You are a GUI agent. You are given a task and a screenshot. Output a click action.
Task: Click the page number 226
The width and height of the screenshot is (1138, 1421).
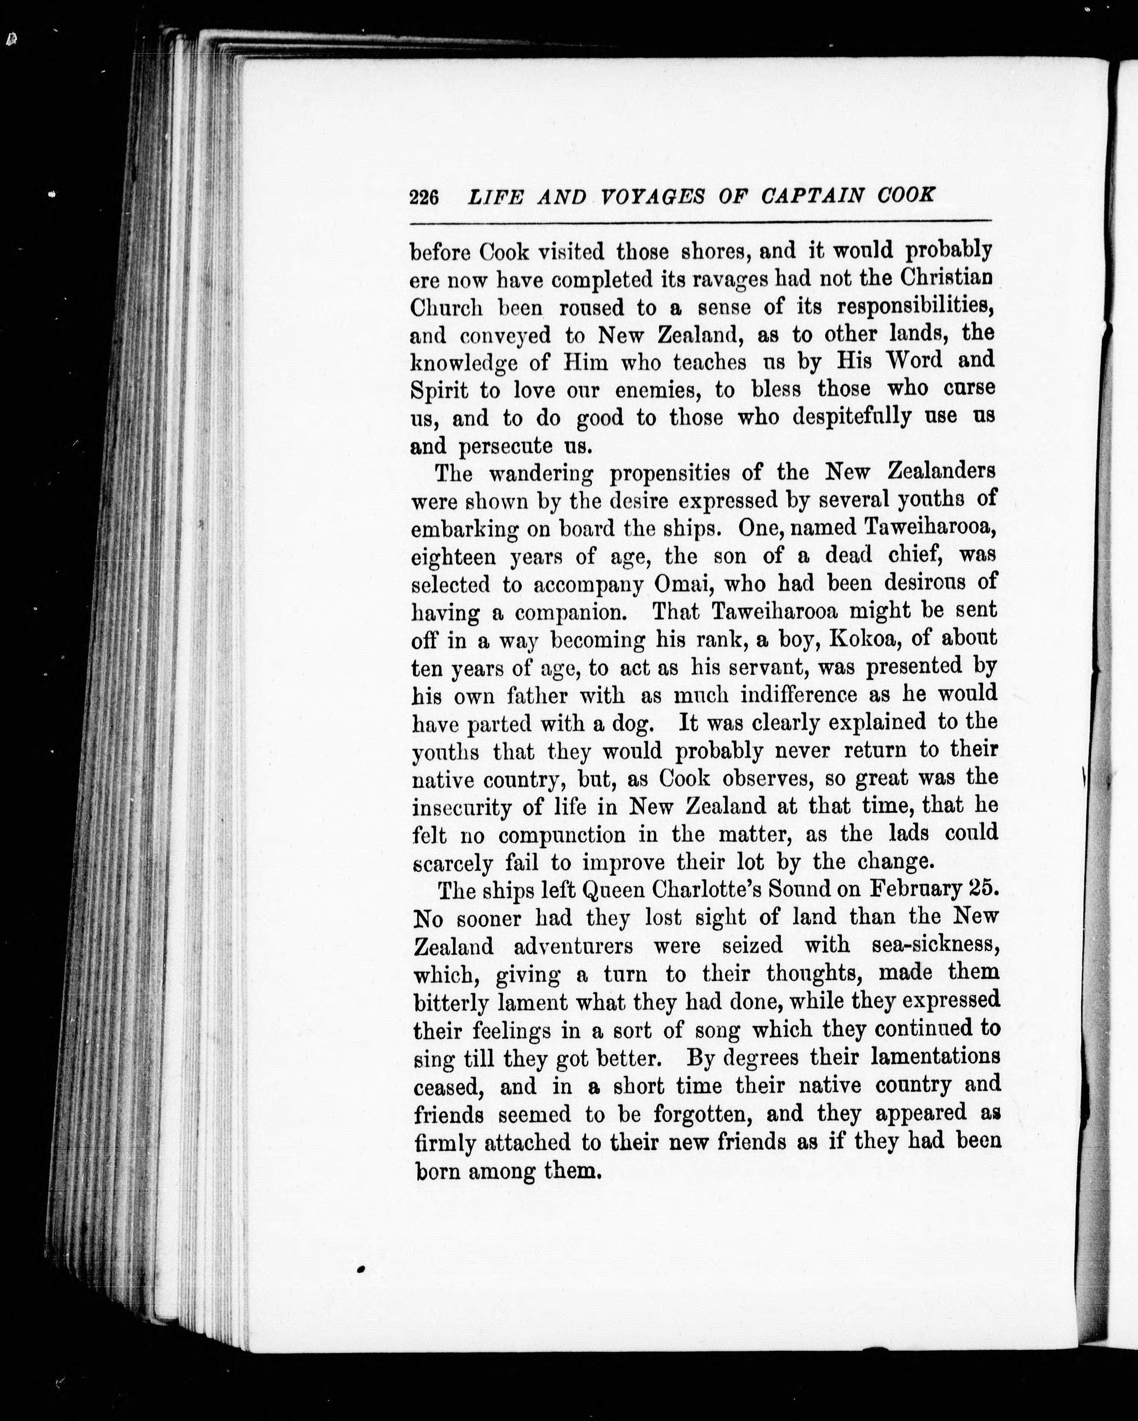pos(424,197)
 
